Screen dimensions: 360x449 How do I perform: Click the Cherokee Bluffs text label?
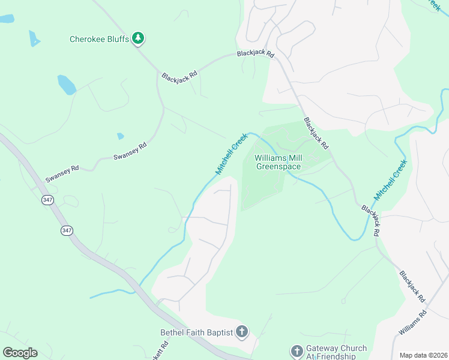pos(100,39)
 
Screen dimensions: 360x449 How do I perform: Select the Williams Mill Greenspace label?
pos(279,162)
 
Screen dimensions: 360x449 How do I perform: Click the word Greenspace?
pos(279,167)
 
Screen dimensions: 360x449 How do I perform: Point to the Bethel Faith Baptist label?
pos(196,332)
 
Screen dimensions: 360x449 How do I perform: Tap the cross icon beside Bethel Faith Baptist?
pos(241,332)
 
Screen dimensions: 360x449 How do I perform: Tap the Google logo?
pos(20,353)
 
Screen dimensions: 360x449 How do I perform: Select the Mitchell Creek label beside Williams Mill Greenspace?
pos(232,154)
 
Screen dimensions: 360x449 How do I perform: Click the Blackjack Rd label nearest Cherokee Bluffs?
pos(179,76)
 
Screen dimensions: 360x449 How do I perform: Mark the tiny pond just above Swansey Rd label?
pos(121,136)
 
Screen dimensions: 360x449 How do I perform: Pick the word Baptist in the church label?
pos(218,332)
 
